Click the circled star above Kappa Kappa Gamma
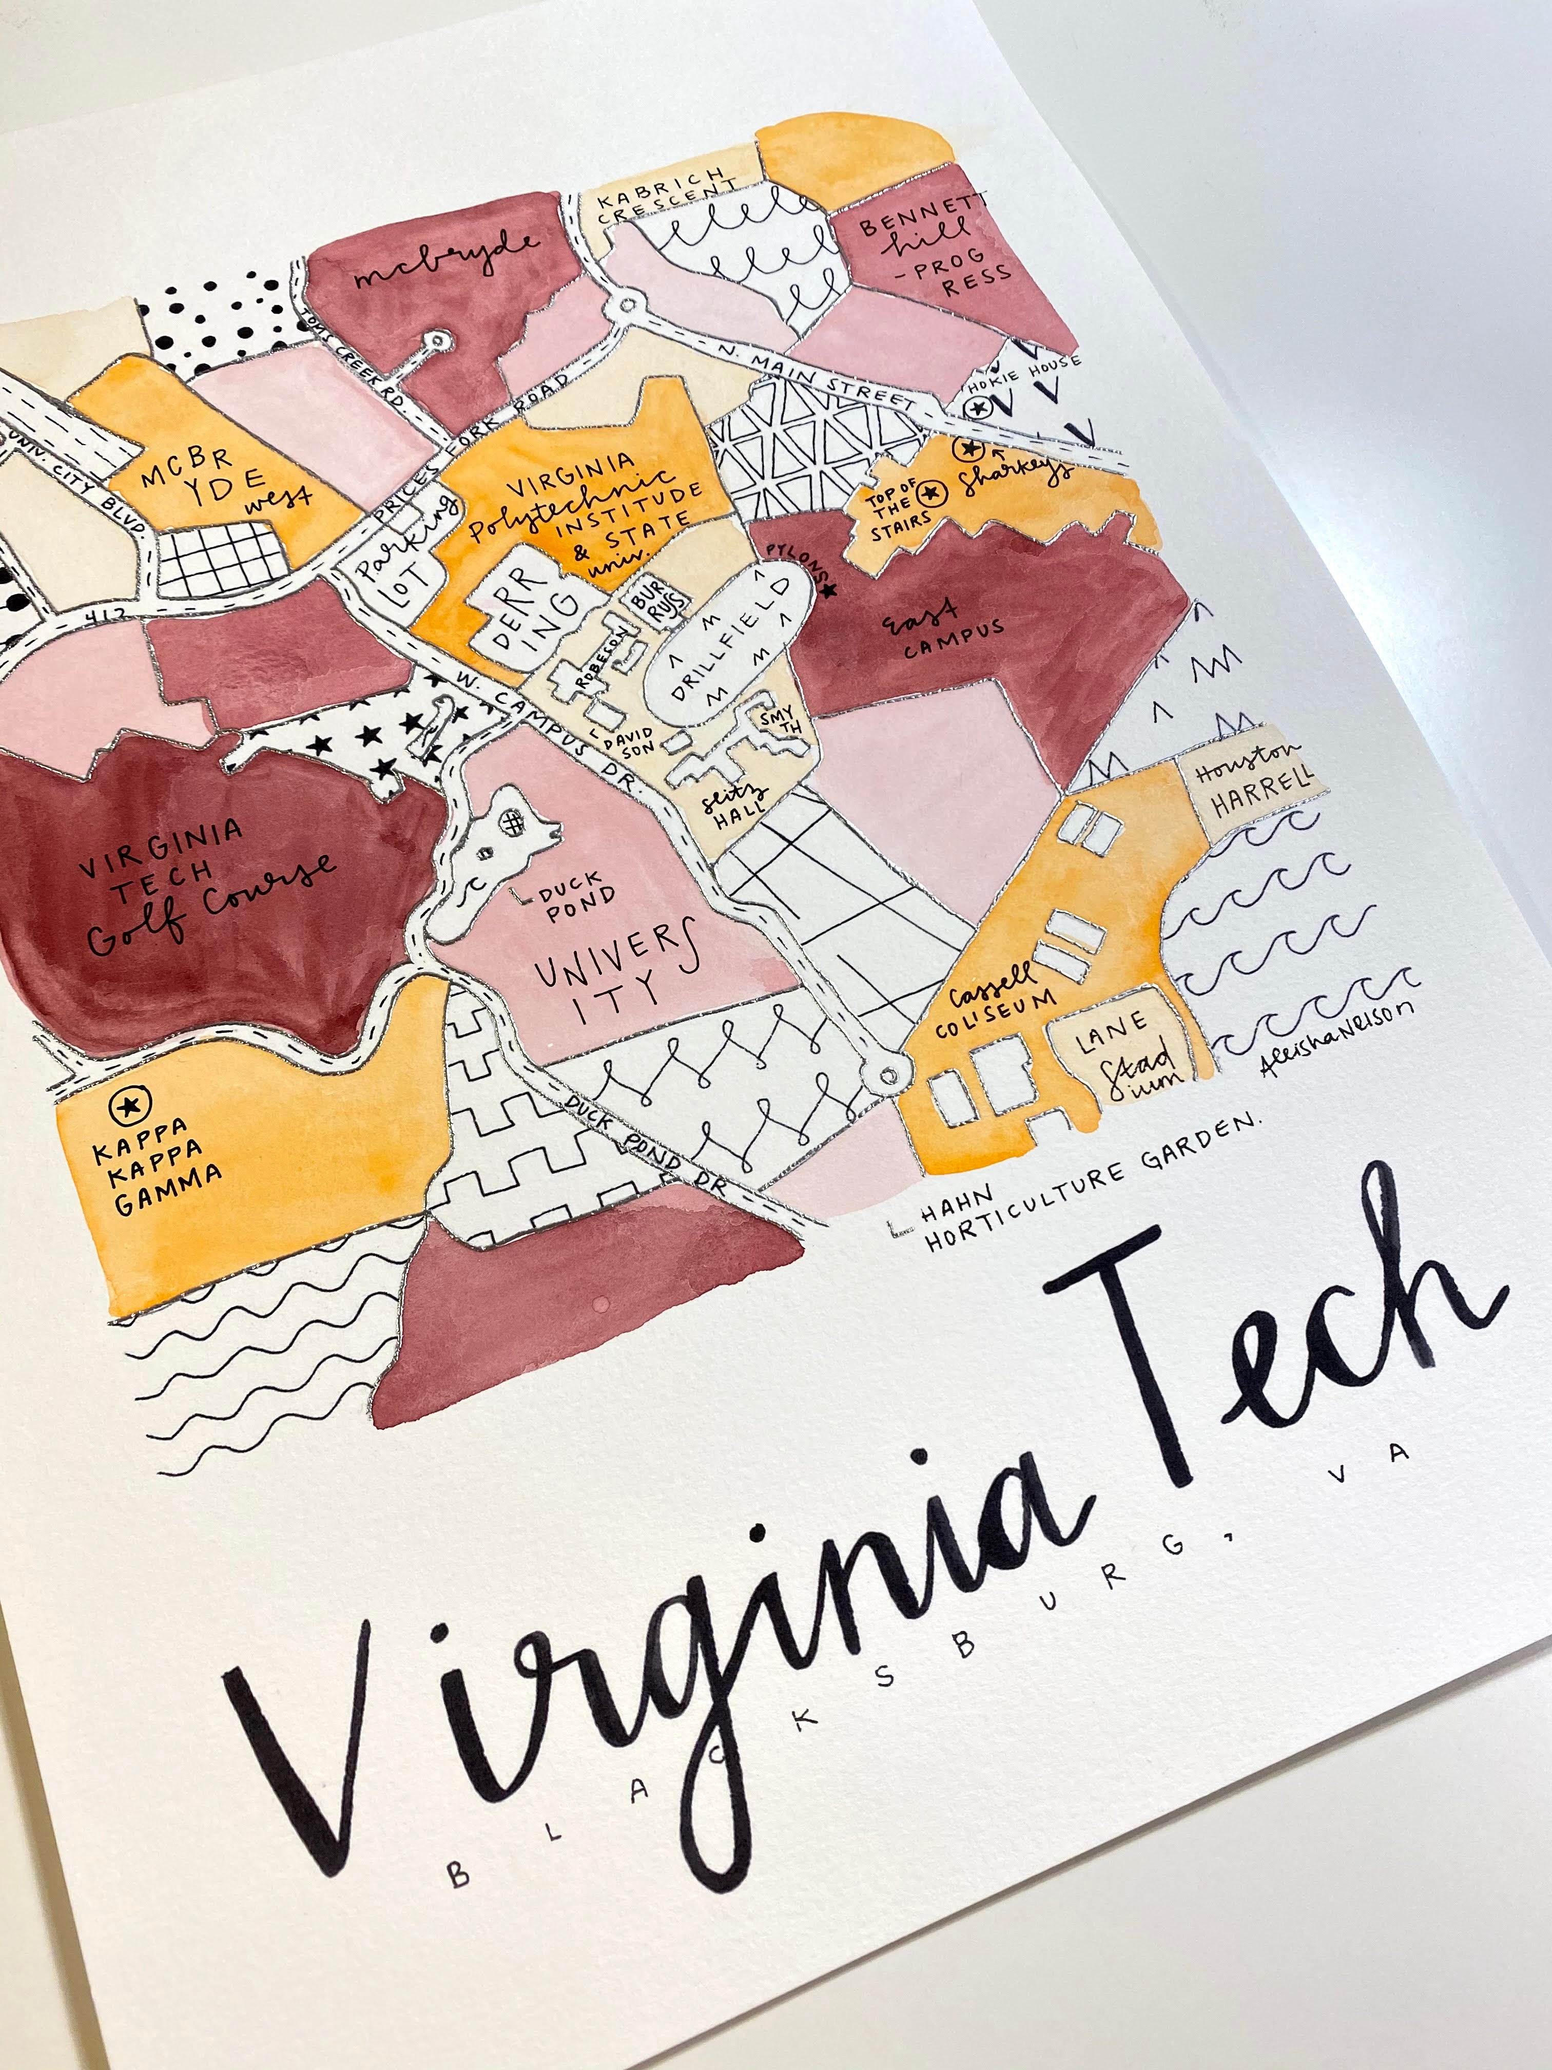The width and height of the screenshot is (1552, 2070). [124, 1107]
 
